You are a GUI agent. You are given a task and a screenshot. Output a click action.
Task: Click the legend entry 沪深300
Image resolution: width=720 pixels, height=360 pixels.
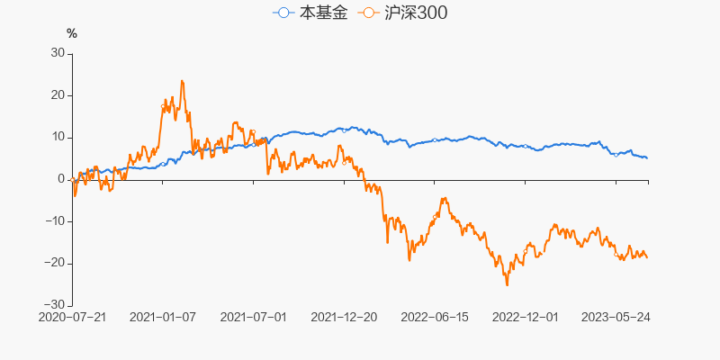pyautogui.click(x=401, y=13)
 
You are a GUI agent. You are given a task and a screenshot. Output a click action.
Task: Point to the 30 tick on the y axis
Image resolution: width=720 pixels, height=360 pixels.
pyautogui.click(x=58, y=53)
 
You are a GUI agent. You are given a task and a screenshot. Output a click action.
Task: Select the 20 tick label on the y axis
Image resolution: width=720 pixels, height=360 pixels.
pyautogui.click(x=58, y=95)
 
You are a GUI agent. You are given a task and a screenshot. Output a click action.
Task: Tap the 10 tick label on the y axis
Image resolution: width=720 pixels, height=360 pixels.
pyautogui.click(x=58, y=137)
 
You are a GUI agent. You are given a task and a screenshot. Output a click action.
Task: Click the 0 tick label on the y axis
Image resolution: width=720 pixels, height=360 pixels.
pyautogui.click(x=61, y=179)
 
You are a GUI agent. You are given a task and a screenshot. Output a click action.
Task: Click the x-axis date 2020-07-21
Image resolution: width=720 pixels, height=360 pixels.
pyautogui.click(x=72, y=318)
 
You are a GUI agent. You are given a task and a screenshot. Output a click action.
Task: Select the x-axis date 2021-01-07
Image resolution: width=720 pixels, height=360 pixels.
pyautogui.click(x=163, y=318)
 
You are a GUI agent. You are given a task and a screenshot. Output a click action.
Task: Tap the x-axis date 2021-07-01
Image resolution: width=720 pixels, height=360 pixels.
pyautogui.click(x=254, y=318)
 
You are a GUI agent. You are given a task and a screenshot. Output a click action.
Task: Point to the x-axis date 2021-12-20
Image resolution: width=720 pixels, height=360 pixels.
pyautogui.click(x=345, y=318)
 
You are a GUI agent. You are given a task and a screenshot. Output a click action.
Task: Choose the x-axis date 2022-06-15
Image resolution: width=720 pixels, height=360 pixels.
pyautogui.click(x=435, y=318)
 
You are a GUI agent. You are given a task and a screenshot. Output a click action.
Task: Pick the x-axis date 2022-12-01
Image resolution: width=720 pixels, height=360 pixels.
pyautogui.click(x=526, y=318)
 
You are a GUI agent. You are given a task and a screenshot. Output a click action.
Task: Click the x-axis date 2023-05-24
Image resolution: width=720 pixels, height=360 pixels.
pyautogui.click(x=616, y=318)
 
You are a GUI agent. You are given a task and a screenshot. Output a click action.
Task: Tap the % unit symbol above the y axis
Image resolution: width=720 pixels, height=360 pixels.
pyautogui.click(x=72, y=34)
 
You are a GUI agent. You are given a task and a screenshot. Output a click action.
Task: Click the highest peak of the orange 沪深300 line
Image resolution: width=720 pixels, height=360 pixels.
pyautogui.click(x=182, y=81)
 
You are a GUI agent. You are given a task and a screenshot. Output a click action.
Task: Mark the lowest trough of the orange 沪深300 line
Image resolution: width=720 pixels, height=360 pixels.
pyautogui.click(x=507, y=285)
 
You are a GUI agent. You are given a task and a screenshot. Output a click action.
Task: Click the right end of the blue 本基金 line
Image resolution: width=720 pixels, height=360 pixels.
pyautogui.click(x=647, y=158)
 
